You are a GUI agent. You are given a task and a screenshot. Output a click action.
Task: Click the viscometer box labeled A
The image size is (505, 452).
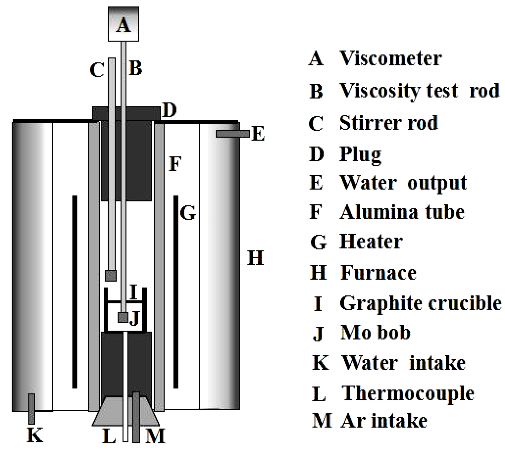click(123, 24)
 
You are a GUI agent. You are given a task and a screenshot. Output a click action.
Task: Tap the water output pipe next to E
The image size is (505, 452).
click(232, 134)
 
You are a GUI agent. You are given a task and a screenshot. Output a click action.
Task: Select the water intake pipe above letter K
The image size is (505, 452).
click(32, 408)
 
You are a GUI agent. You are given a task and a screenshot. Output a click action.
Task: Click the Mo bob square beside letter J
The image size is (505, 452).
click(123, 317)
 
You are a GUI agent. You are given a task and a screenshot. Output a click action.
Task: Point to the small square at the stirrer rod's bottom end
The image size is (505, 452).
click(111, 276)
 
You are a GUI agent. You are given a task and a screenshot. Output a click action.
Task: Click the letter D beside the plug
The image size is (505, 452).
click(169, 110)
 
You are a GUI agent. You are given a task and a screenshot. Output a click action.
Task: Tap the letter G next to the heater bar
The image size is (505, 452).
click(188, 213)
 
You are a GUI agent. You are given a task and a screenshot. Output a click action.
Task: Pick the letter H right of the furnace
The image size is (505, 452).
click(255, 258)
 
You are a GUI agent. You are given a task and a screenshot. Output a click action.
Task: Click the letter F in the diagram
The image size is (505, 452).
click(175, 164)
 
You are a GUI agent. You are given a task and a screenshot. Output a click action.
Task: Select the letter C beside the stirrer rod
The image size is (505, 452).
click(97, 70)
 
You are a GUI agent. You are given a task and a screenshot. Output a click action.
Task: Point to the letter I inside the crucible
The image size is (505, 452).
click(133, 292)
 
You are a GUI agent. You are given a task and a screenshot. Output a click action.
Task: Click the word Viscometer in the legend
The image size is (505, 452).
click(390, 58)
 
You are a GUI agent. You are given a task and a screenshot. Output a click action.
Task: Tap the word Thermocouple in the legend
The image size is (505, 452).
click(408, 394)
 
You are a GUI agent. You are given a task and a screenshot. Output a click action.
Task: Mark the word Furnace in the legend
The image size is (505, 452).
click(378, 273)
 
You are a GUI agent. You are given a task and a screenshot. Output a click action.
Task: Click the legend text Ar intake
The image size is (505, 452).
click(384, 421)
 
